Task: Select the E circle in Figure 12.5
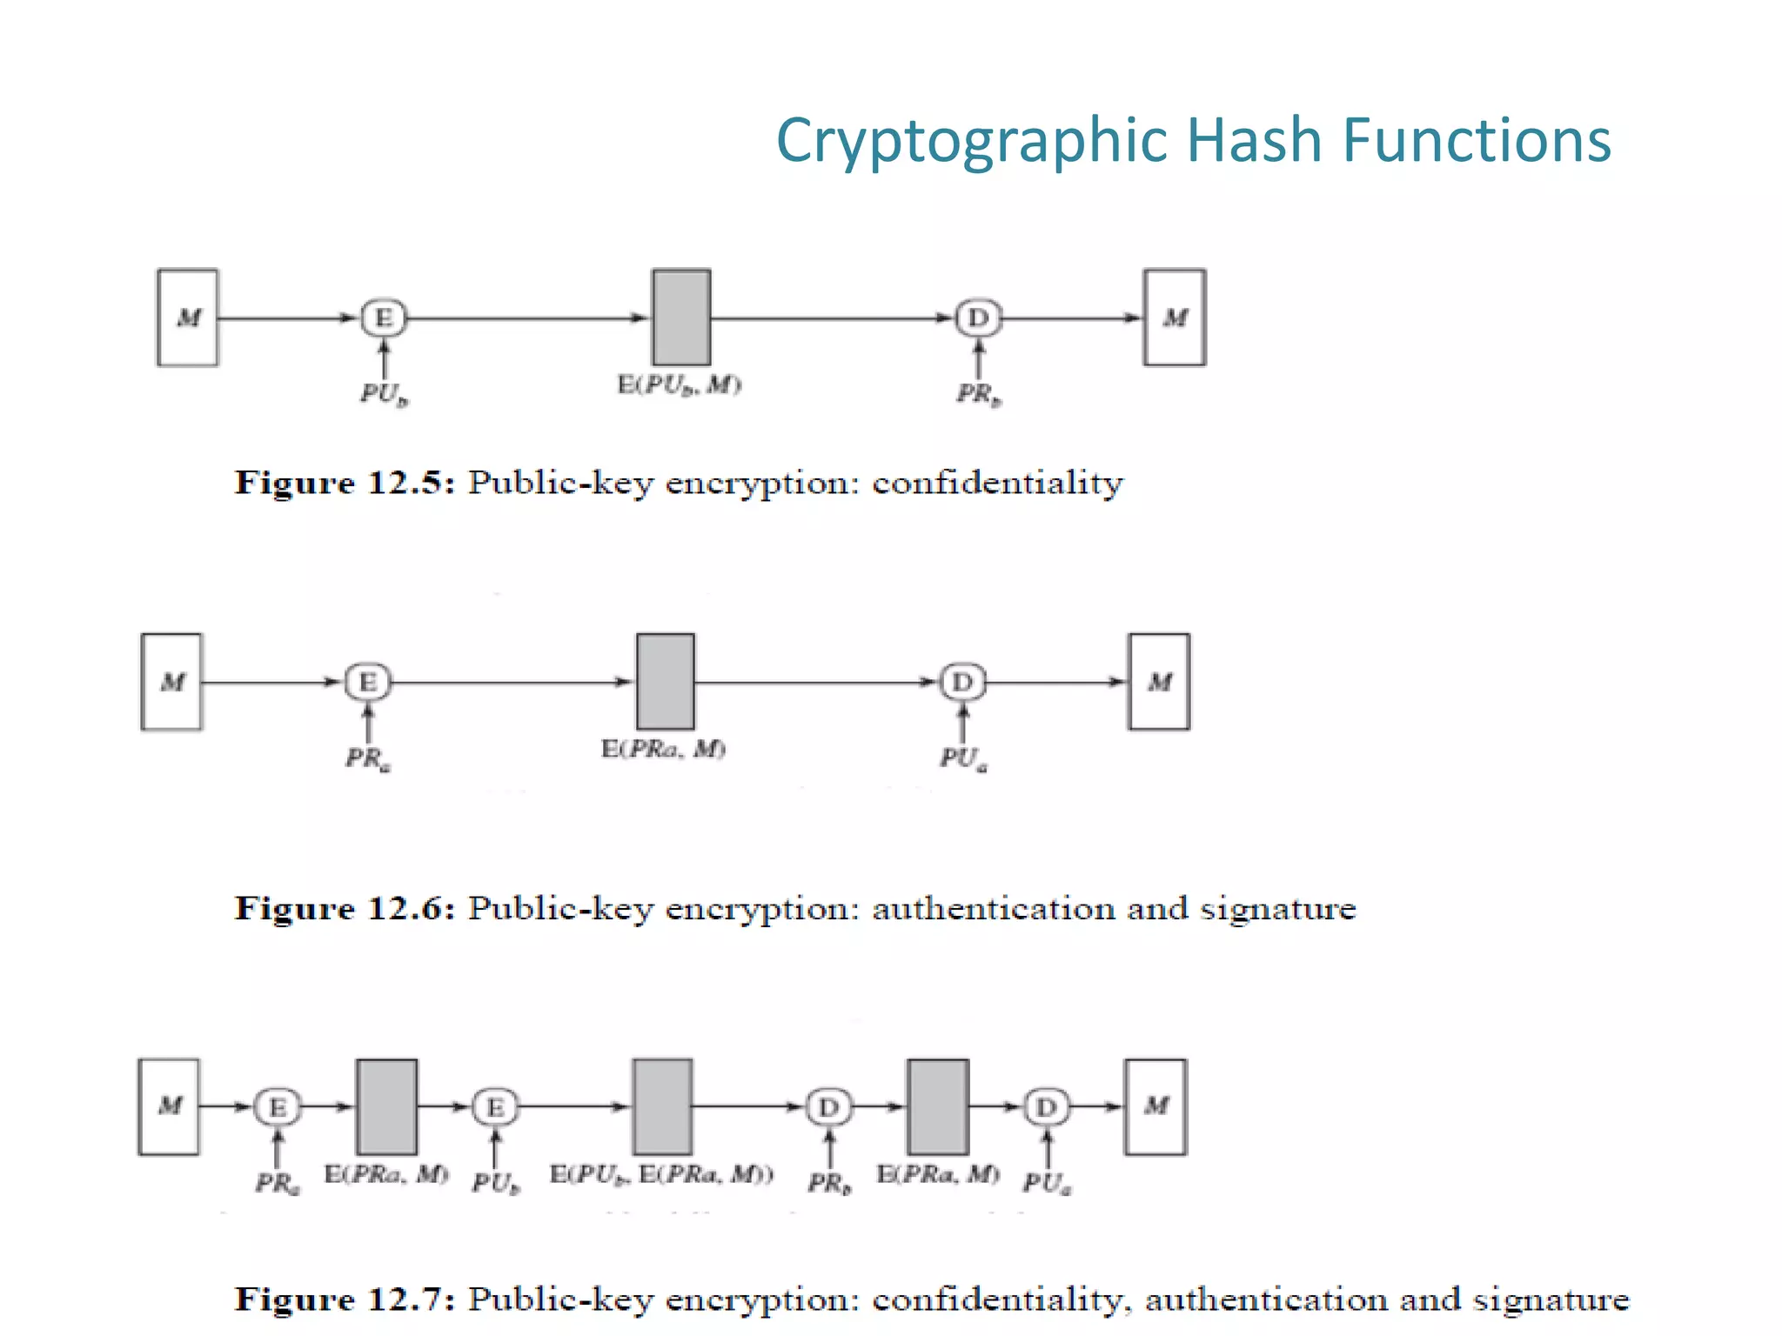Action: [384, 317]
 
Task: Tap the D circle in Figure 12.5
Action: [978, 317]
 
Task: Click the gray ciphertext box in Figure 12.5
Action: [681, 317]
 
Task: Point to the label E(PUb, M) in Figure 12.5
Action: [680, 385]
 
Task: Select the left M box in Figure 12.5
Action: [188, 317]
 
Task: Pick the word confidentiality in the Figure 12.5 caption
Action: [997, 483]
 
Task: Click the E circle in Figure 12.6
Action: [368, 682]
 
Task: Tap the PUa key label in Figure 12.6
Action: [962, 759]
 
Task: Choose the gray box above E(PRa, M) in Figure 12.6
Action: [666, 682]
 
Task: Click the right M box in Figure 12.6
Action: [1159, 682]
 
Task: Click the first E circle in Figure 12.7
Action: [278, 1107]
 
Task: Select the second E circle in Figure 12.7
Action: [495, 1107]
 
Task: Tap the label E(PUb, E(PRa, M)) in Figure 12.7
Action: [661, 1175]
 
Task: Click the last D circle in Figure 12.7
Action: [1047, 1107]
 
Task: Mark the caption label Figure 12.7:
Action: [345, 1299]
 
